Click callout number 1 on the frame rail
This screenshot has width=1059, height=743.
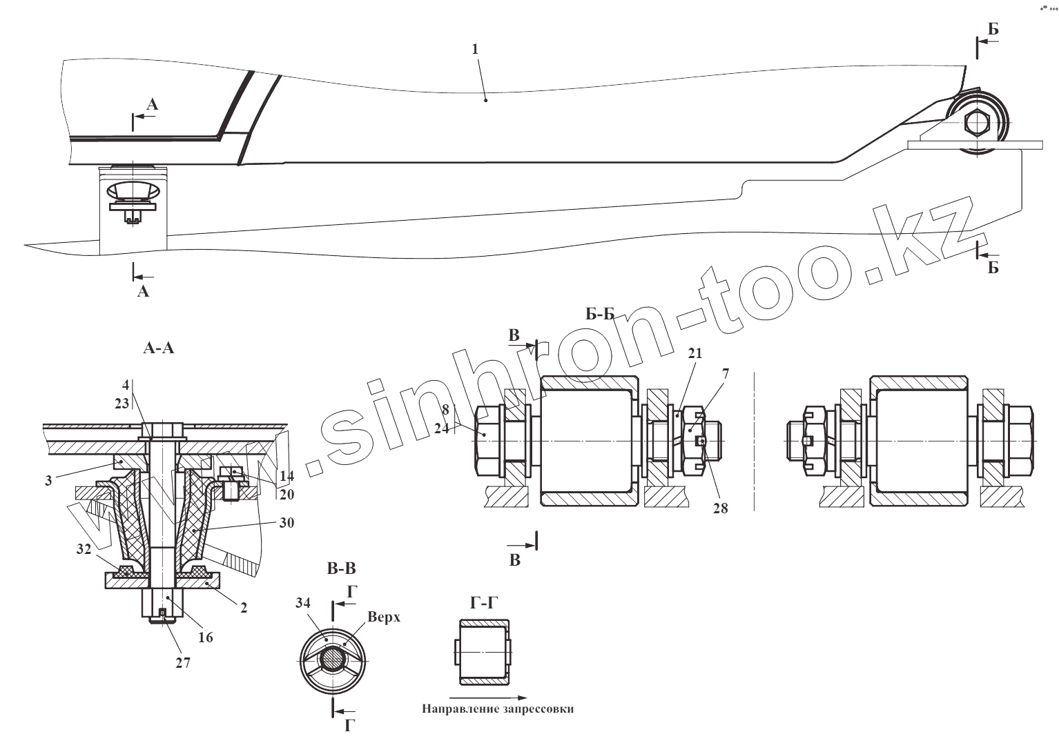point(475,50)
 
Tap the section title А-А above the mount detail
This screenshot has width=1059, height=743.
point(158,349)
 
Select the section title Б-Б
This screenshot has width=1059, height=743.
point(600,315)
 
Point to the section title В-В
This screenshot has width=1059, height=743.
point(341,569)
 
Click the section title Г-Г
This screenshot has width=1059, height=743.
point(483,603)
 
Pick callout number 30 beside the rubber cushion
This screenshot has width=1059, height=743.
point(286,523)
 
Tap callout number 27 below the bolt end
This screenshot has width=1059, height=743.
point(182,662)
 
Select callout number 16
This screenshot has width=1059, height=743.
point(205,637)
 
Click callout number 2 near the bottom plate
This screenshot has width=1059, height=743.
point(243,608)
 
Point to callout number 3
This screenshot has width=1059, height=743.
point(48,481)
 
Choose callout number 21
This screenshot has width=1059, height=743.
point(694,353)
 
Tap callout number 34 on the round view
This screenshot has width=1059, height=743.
point(302,602)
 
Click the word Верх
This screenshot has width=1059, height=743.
point(384,617)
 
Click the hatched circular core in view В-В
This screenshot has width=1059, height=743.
point(334,660)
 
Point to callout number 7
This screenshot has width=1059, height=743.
point(725,373)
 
